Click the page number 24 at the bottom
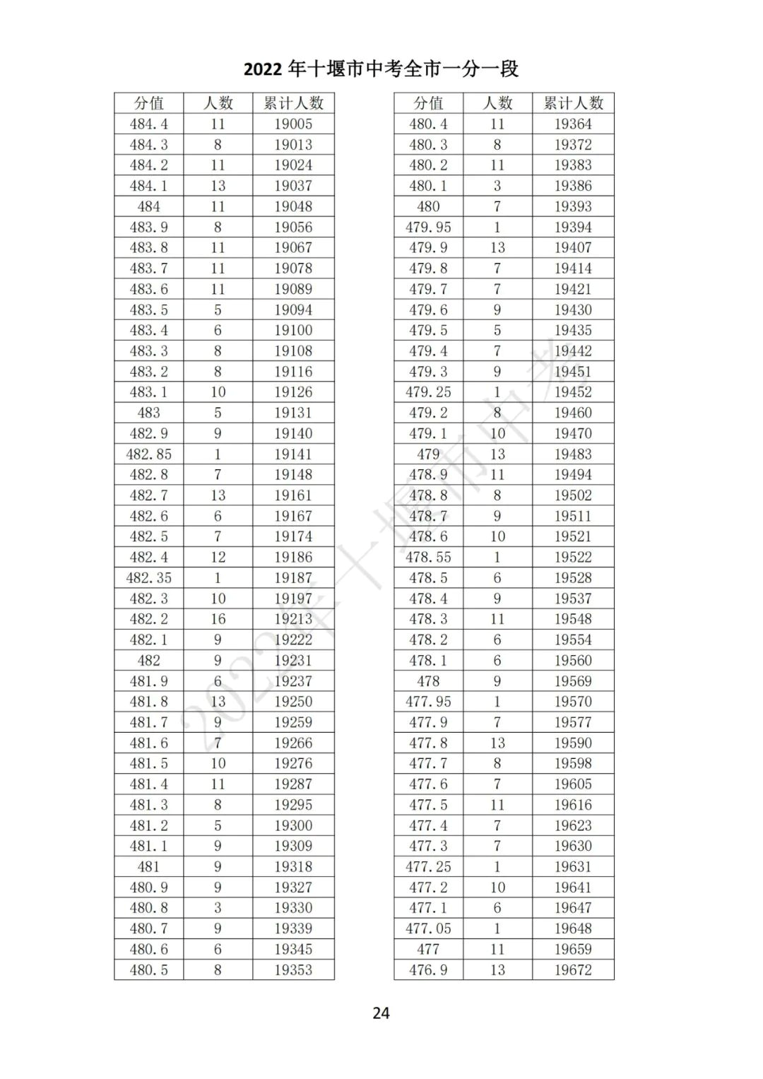point(381,1013)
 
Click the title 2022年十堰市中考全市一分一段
point(381,69)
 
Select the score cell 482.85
point(149,454)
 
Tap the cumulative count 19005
point(293,124)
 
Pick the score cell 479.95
point(428,228)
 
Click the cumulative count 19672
point(573,970)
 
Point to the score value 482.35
point(149,578)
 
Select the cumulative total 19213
point(293,619)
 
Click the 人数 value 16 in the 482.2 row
point(218,619)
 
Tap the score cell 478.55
point(428,558)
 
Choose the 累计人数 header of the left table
point(293,103)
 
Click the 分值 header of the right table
point(428,103)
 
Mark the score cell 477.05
point(428,928)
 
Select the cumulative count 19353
point(293,970)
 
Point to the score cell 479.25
point(428,392)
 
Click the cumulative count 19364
point(573,124)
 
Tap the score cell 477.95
point(428,702)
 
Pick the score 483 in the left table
point(149,413)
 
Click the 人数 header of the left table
point(218,103)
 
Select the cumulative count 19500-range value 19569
point(573,681)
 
